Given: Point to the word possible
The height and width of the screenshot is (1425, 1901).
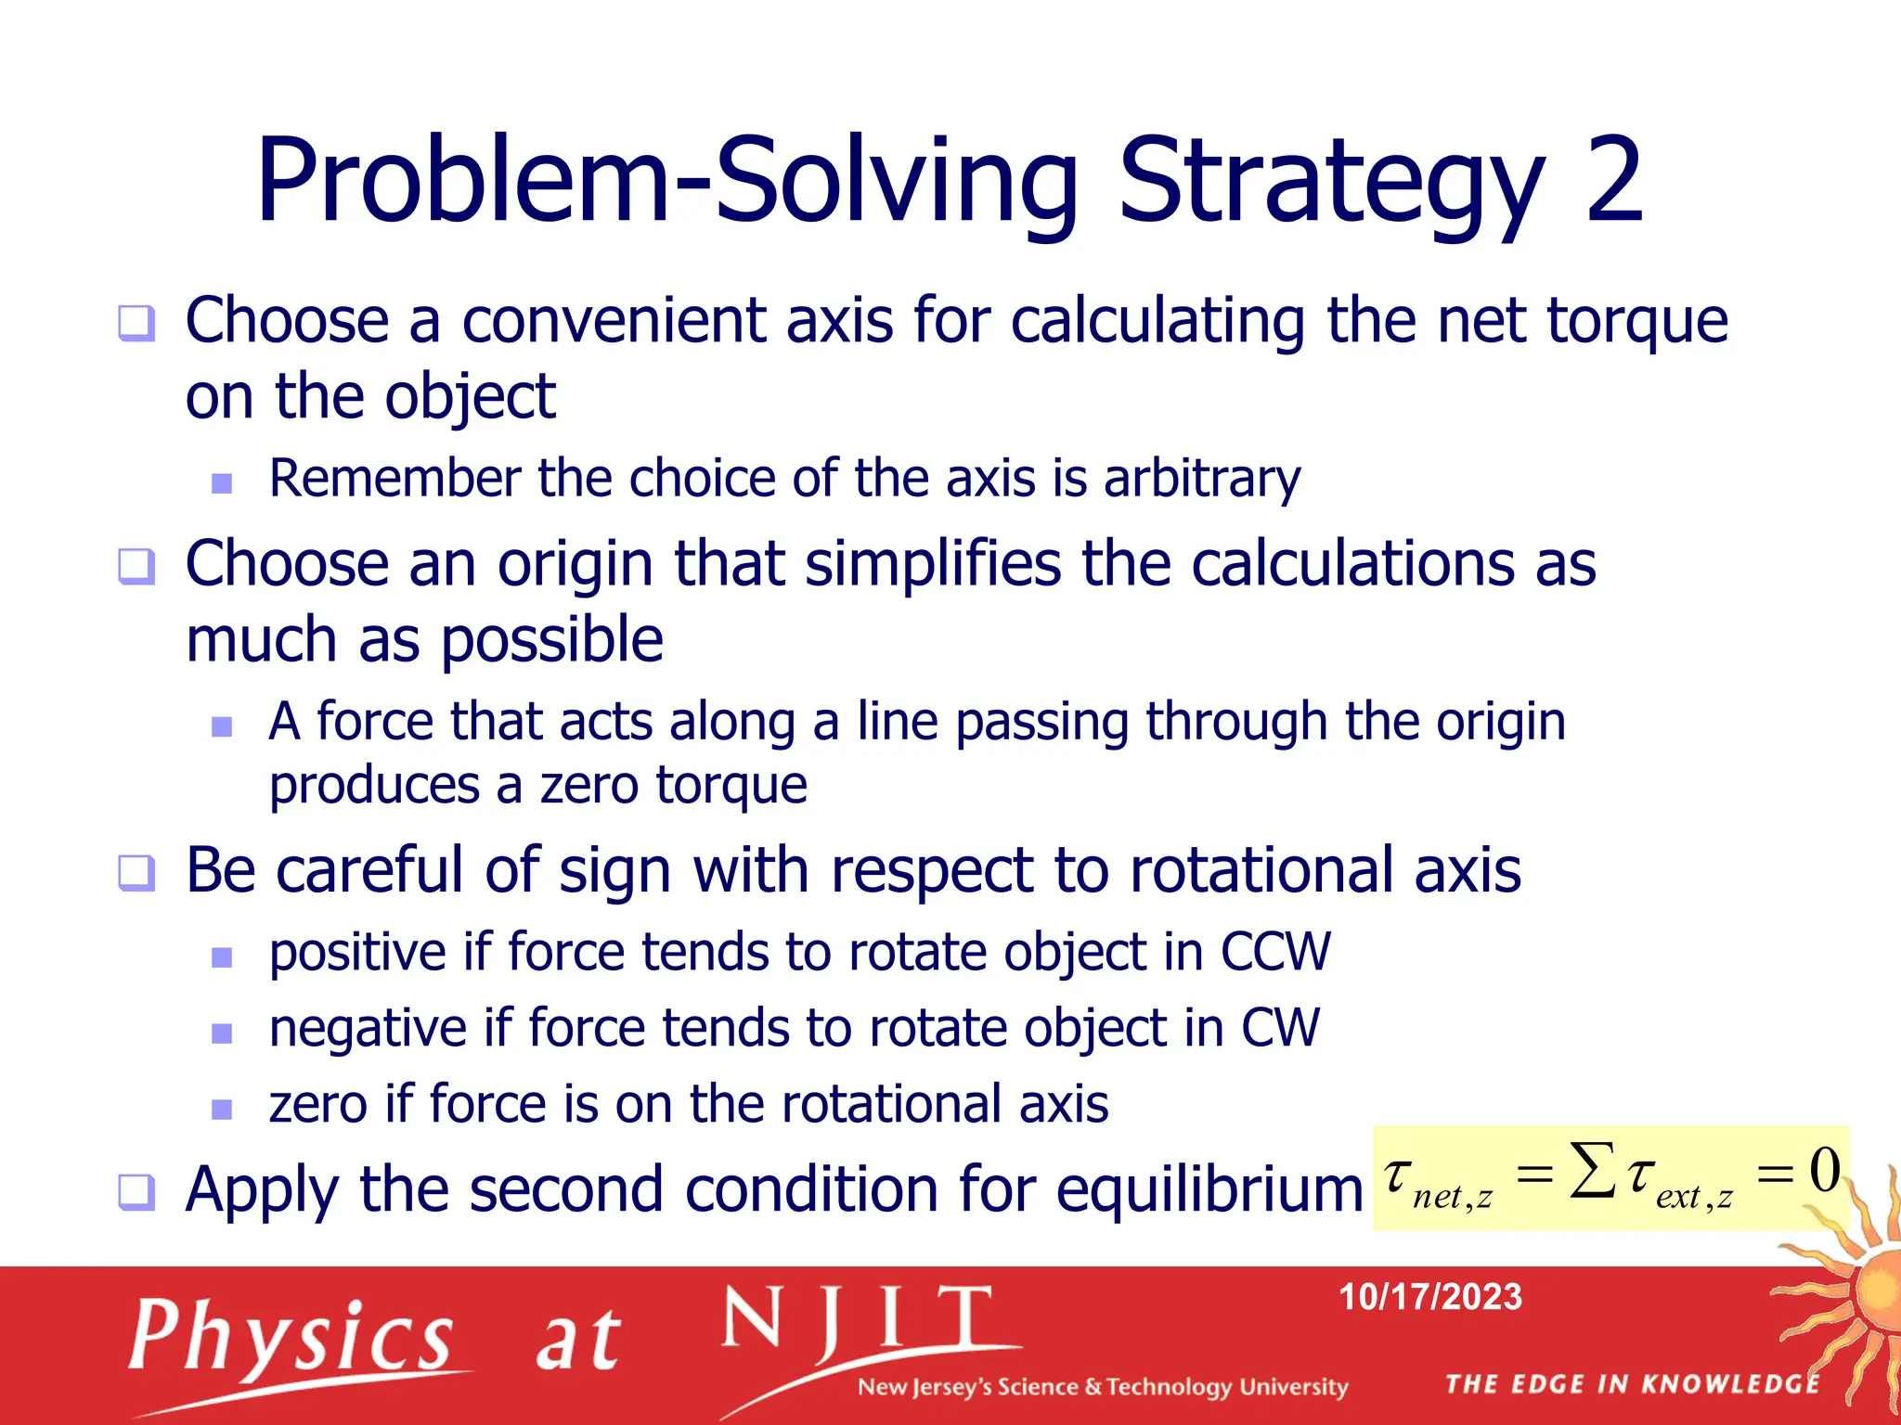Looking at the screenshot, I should click(551, 640).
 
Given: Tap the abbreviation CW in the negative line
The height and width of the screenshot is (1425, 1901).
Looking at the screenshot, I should click(1280, 1028).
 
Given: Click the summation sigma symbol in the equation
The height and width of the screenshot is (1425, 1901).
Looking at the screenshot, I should click(1593, 1170).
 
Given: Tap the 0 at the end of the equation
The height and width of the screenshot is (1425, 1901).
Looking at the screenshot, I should click(1824, 1170).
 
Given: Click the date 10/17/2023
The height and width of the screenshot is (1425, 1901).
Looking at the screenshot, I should click(1429, 1297).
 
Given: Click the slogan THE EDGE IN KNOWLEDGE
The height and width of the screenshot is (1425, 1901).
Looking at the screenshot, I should click(1632, 1384).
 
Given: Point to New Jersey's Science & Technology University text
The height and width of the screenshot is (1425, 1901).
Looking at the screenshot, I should click(1102, 1387).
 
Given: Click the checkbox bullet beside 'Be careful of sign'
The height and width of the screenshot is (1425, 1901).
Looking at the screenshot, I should click(136, 873).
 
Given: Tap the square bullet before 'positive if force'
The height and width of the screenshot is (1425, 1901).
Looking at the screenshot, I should click(222, 956).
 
